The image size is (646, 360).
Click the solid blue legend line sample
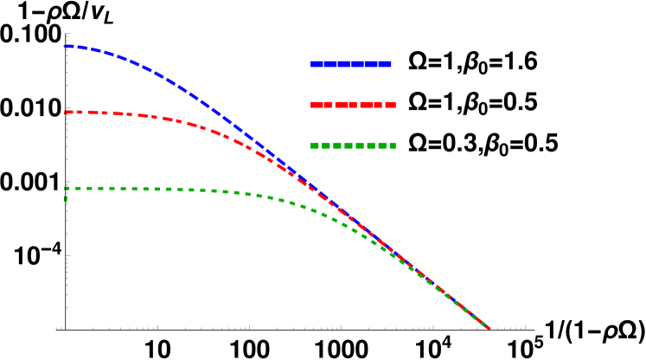pos(351,63)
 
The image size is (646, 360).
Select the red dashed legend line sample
pos(353,105)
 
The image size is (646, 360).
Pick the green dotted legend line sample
pos(353,145)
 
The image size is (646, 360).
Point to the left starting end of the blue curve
pos(66,46)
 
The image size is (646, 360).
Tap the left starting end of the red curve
pos(66,112)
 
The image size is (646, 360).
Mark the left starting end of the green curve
pos(66,188)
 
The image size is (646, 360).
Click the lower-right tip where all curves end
pos(489,328)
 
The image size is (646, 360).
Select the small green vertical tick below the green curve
pos(66,199)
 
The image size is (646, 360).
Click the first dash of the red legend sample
pos(321,105)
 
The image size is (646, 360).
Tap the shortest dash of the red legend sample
pos(391,105)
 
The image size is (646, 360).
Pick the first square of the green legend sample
pos(315,145)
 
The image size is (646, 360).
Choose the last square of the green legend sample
pos(393,145)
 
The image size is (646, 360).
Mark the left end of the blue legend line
pos(312,63)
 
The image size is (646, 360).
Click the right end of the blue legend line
pos(391,63)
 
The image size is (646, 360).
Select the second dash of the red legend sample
pos(346,105)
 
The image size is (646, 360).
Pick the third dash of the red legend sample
pos(371,105)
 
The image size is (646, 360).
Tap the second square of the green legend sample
pos(326,145)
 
